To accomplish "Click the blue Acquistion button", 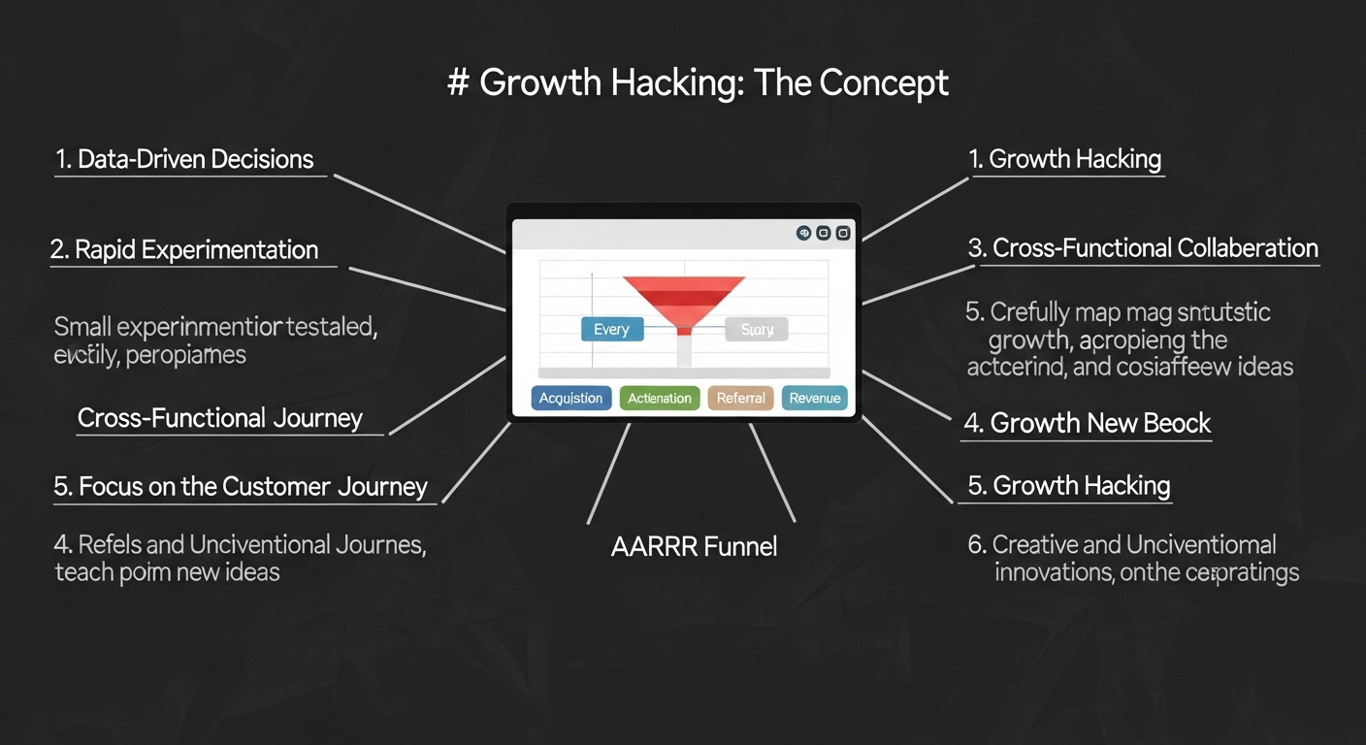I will (x=571, y=399).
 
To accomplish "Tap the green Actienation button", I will (x=660, y=399).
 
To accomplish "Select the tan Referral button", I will (x=741, y=399).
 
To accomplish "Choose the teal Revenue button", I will (x=815, y=399).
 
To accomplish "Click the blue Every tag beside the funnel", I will (x=611, y=330).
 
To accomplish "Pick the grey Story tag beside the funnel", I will (x=757, y=330).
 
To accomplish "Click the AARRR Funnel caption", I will (x=694, y=547).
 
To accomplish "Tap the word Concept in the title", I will (x=883, y=83).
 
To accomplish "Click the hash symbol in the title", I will (x=458, y=83).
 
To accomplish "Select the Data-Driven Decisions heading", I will (x=184, y=160).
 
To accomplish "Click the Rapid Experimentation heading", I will (x=184, y=250).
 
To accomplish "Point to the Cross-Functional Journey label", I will (x=220, y=418).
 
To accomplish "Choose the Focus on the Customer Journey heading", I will (x=241, y=487).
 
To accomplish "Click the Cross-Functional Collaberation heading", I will (x=1143, y=248).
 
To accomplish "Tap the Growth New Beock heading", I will (x=1087, y=424).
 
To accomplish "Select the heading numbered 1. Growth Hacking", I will (x=1065, y=160).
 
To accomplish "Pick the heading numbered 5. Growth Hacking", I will (x=1069, y=486).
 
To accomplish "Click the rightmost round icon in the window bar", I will (x=843, y=233).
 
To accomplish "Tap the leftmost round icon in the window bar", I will (x=803, y=233).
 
